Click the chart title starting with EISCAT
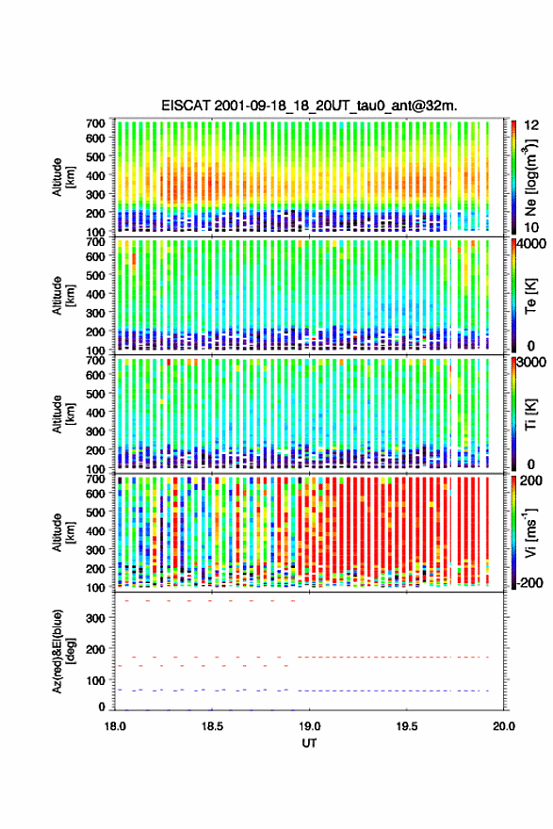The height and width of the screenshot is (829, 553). point(309,106)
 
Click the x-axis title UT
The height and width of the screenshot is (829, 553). point(309,743)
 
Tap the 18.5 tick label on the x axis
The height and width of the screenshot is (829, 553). point(212,726)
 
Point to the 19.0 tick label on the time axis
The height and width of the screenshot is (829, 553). point(309,726)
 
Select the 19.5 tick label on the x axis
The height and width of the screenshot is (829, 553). point(407,726)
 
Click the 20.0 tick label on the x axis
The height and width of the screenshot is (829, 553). point(504,726)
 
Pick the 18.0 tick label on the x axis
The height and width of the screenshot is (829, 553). point(115,726)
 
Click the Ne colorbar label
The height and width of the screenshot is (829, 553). point(530,177)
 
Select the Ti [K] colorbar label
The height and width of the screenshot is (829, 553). point(530,414)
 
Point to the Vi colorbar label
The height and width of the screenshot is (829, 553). point(530,532)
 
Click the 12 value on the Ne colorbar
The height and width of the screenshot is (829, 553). point(532,124)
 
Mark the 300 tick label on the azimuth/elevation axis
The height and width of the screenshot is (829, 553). point(96,618)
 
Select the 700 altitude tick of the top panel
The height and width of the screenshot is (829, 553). point(96,123)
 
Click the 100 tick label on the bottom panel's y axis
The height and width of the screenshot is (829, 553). point(96,680)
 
